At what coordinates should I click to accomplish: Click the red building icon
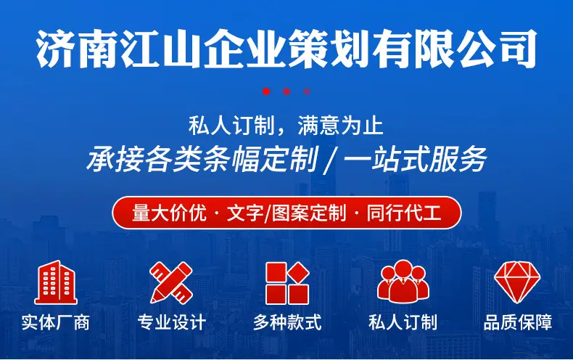click(x=56, y=282)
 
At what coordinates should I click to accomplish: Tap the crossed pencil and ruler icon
click(x=171, y=282)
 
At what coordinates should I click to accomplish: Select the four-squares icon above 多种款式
click(x=287, y=283)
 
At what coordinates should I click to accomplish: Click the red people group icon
click(x=403, y=281)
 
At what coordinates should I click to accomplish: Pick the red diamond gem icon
click(x=517, y=282)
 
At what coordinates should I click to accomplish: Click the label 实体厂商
click(x=56, y=323)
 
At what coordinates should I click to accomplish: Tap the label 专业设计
click(x=171, y=323)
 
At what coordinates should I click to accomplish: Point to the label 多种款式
click(x=287, y=323)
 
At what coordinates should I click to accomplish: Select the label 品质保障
click(x=517, y=323)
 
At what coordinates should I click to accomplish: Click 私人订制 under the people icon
click(x=403, y=323)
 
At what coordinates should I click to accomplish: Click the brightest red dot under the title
click(x=266, y=91)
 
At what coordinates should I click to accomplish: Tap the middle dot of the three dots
click(x=286, y=91)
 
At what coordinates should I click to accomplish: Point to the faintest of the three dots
click(x=307, y=91)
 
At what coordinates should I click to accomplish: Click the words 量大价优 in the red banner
click(x=169, y=213)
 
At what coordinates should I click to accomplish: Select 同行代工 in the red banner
click(x=404, y=213)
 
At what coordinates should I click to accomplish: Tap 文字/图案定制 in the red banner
click(x=286, y=213)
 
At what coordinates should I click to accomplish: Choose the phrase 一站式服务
click(x=415, y=160)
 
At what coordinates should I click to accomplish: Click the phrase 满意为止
click(x=340, y=125)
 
